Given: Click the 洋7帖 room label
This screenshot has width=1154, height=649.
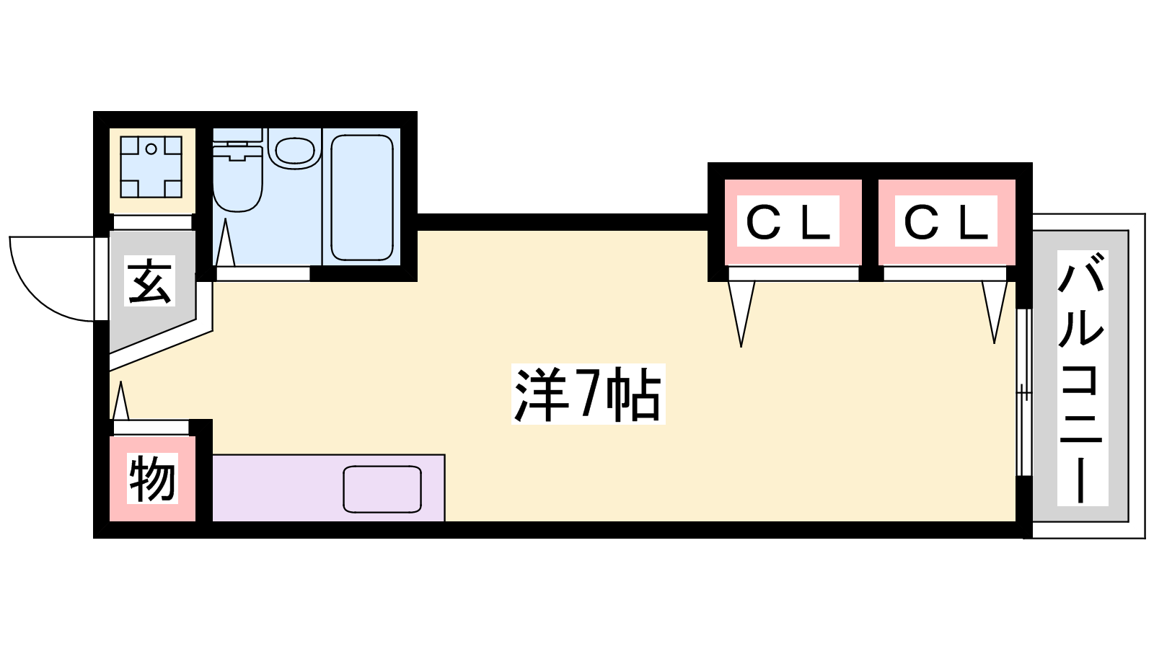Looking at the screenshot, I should pos(587,395).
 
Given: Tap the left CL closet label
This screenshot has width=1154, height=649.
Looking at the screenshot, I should pos(788,221).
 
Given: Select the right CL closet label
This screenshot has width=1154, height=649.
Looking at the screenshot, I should pos(946,221).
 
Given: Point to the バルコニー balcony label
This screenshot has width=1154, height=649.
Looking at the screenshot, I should pos(1081,378).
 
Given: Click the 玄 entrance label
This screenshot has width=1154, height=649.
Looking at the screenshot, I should pos(150,281).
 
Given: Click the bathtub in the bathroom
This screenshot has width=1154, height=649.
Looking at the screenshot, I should pos(362,198).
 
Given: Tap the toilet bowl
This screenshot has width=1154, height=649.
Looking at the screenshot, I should pos(237,184).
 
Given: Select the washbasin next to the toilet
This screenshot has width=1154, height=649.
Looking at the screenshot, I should pos(295,151).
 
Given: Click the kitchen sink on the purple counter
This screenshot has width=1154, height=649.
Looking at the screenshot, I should pos(382,489).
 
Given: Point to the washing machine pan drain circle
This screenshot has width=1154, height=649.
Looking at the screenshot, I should pos(151,149).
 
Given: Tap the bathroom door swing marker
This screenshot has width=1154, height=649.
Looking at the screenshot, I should pos(225,243).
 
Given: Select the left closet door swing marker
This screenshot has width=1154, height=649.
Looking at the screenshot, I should pos(741,311).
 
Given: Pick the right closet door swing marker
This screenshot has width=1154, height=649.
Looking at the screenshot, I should pos(994,309).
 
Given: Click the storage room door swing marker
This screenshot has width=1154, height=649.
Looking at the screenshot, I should pos(120,402).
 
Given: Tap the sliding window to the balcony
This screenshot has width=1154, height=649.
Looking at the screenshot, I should pos(1023,392).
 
